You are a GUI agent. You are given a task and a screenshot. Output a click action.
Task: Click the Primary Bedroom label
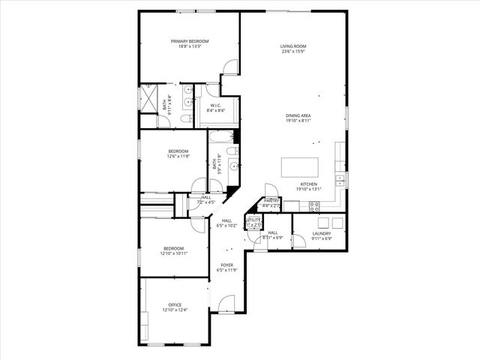189,41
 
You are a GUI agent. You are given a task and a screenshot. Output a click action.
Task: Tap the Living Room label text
294,46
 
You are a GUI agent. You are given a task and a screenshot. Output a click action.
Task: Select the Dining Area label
298,115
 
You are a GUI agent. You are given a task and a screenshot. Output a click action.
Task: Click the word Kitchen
308,184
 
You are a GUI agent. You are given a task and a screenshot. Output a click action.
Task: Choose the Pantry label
271,201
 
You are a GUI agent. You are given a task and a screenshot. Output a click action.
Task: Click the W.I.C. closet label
215,106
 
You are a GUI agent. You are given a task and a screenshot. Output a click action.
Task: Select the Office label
175,304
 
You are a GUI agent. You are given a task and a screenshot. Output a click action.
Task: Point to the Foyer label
226,265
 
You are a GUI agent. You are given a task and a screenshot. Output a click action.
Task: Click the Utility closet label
253,220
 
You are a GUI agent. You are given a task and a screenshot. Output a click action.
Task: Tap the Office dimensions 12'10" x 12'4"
175,310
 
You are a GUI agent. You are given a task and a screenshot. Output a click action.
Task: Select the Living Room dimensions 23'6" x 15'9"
294,52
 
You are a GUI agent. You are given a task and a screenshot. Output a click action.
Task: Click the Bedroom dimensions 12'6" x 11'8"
178,156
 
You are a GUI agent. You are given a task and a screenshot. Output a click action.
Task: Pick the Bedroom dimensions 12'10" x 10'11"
174,253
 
